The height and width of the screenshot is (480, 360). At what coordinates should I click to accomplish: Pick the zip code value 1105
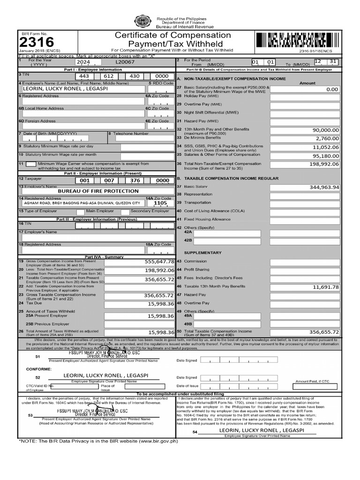160,203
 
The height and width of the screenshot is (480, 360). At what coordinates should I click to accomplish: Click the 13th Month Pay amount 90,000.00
326,130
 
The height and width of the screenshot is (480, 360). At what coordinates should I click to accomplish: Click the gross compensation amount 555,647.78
159,262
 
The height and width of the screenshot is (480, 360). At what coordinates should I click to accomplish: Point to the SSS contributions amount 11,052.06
326,147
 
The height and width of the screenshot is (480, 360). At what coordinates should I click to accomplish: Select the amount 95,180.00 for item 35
326,156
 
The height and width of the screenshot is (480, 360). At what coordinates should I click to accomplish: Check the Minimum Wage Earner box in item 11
30,164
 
